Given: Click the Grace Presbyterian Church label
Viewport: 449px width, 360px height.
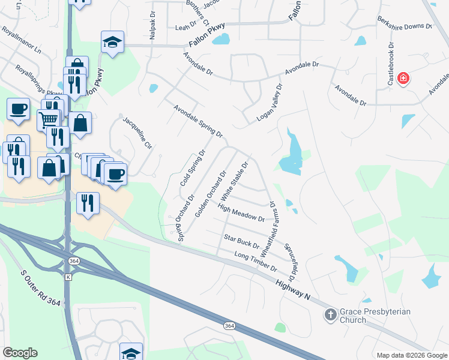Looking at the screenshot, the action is coord(361,316).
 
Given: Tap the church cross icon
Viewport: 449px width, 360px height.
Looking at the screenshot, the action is coord(330,314).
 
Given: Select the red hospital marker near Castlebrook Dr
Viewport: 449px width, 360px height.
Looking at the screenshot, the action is coord(403,78).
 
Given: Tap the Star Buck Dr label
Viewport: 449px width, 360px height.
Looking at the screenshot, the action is coord(241,242).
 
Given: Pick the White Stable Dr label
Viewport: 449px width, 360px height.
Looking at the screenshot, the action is coord(235,181).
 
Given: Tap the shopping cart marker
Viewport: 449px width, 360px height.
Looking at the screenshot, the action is coord(49,119).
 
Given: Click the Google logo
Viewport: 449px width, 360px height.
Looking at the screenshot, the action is coord(20,353).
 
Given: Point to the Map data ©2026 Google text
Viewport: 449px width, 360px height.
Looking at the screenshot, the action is coord(411,355).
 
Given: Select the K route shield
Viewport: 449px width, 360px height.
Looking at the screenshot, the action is coord(68,277).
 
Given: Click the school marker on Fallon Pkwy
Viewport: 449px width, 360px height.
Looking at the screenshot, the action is coord(112,41).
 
